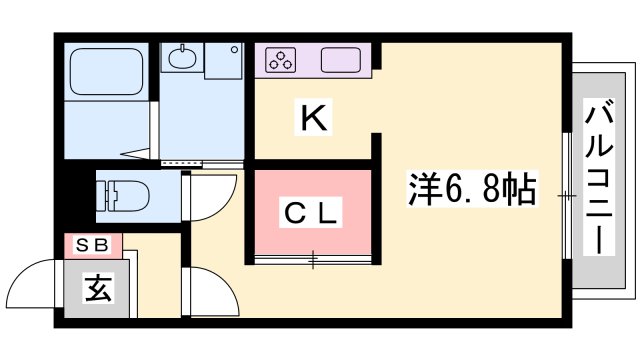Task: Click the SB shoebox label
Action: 92,243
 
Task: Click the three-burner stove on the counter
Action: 280,60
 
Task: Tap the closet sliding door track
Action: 313,261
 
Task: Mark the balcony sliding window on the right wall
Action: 566,195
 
